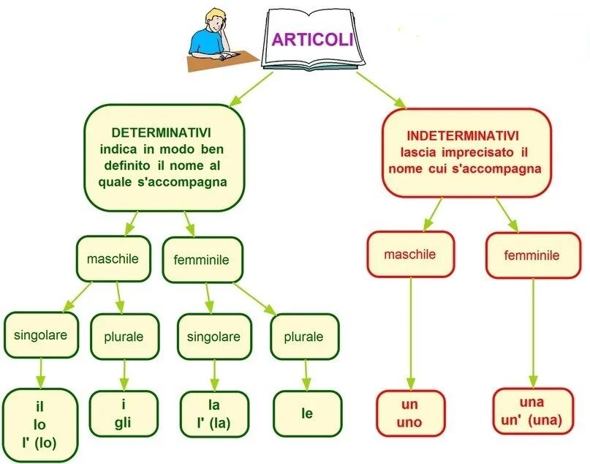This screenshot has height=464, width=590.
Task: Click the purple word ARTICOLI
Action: coord(313,39)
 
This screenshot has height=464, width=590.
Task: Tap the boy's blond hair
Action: coord(214,16)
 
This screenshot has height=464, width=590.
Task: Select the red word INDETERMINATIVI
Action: coord(463,136)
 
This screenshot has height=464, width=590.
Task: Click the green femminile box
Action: coord(201,260)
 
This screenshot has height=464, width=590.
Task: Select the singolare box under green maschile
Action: coord(40,335)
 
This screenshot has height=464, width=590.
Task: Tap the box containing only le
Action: coord(307,414)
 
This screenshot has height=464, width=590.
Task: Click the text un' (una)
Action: coord(532,419)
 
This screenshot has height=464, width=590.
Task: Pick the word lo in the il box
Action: coord(40,424)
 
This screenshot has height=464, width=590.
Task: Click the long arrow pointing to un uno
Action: coord(410,329)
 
